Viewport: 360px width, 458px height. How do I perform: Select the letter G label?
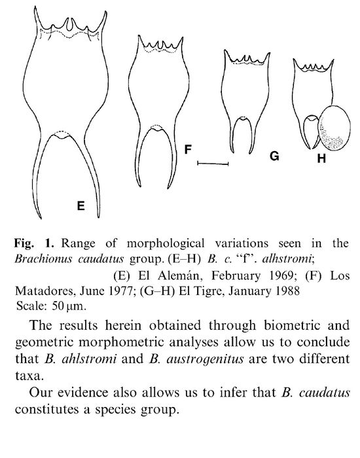click(x=274, y=156)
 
